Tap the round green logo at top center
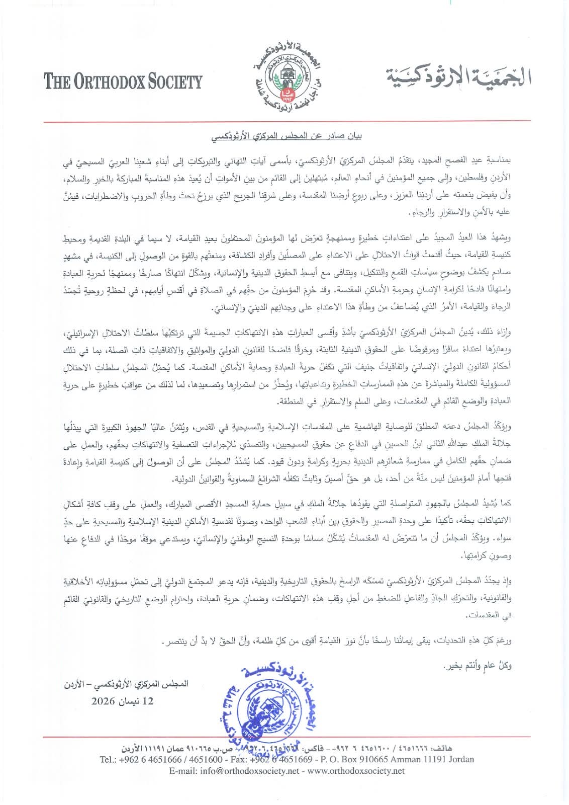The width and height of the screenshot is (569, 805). coord(285,76)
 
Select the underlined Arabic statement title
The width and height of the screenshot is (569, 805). coord(285,136)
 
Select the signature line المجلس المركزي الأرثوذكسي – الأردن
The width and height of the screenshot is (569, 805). coord(126,684)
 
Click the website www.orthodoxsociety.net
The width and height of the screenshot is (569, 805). coord(356,771)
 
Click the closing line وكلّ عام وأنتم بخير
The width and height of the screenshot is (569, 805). coord(478,666)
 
